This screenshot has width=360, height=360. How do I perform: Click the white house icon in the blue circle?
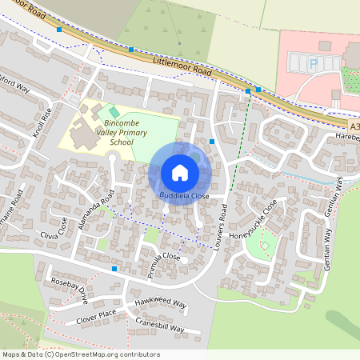pos(180,172)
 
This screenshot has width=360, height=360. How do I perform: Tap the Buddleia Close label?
pos(183,195)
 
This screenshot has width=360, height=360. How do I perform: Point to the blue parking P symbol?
pos(314,62)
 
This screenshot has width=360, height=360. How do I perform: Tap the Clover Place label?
pos(96,314)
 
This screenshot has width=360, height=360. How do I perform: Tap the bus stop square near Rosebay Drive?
pos(114,269)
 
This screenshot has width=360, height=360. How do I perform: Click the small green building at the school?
pos(114,110)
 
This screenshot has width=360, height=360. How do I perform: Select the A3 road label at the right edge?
pos(354,126)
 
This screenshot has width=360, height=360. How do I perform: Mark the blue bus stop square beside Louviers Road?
pos(212,142)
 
